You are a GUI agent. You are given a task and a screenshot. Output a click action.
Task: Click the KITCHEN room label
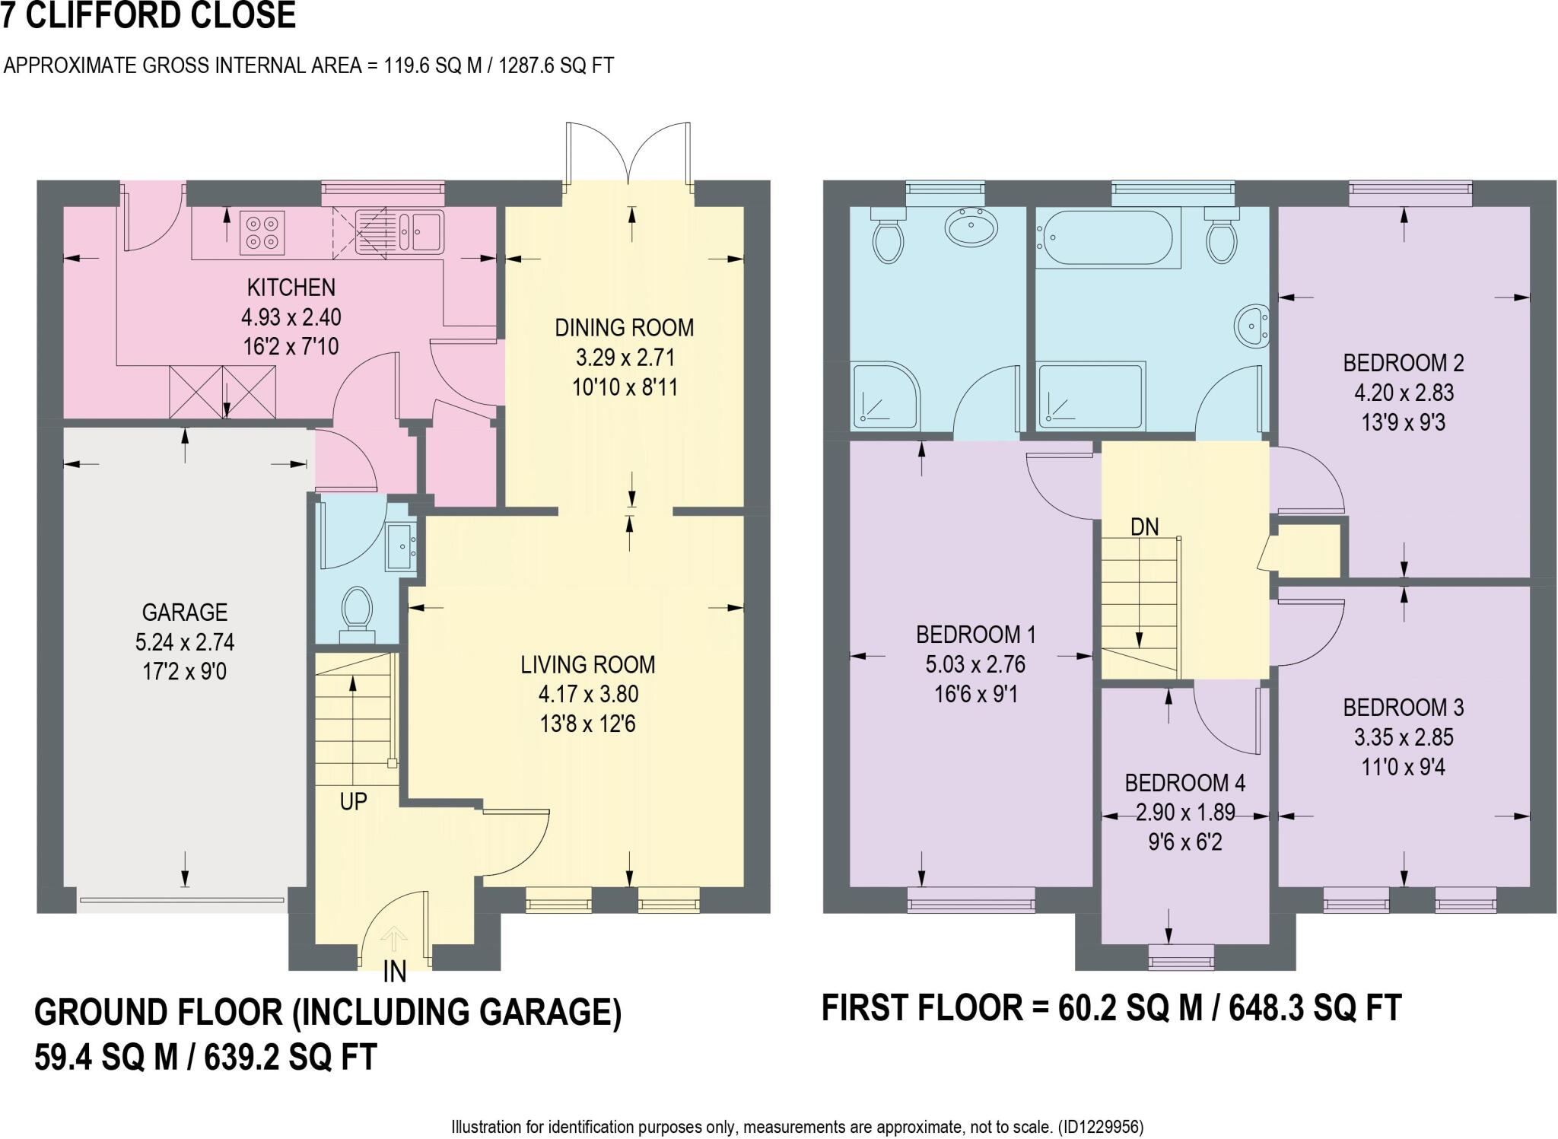click(291, 288)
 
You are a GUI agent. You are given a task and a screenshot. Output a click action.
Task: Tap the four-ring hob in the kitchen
click(262, 232)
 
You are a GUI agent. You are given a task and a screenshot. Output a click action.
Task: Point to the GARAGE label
click(184, 612)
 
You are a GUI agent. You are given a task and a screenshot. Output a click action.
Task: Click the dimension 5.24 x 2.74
click(184, 642)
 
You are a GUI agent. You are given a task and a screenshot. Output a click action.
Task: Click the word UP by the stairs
click(353, 801)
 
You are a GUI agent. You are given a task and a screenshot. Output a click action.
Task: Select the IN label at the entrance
click(394, 972)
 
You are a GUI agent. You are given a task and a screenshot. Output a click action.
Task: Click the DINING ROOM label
click(624, 328)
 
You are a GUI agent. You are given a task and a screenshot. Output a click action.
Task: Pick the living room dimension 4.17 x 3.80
click(587, 694)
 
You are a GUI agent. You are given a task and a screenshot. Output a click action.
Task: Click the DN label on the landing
click(1144, 527)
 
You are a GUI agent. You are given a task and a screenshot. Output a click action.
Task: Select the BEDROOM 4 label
click(1184, 783)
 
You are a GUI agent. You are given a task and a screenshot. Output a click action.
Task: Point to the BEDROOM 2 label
click(1403, 363)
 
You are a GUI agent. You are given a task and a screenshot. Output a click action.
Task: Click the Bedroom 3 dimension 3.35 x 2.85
click(1403, 737)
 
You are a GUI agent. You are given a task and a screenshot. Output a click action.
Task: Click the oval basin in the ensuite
click(971, 227)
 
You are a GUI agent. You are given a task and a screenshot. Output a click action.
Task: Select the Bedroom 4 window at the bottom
click(1181, 956)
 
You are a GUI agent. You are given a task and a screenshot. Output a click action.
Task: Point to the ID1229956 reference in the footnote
click(1100, 1127)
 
